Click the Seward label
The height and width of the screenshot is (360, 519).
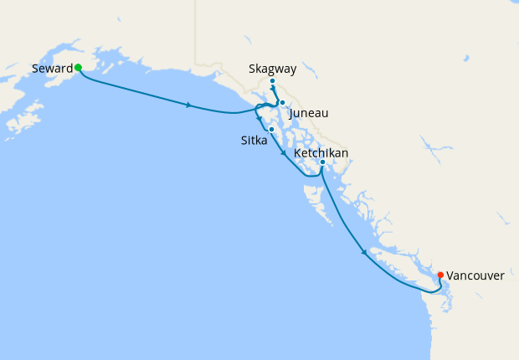pos(53,68)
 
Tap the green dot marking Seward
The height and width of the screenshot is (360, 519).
pos(78,67)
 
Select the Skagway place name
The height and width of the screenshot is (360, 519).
pos(273,69)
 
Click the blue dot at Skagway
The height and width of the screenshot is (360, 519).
pos(273,81)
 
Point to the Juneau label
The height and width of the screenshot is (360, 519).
pos(308,113)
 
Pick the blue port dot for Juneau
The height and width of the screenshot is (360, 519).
pos(283,102)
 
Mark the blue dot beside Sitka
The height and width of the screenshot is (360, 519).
pos(272,129)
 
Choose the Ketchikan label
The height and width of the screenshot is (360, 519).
pos(321,152)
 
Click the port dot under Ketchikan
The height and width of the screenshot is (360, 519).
pos(322,162)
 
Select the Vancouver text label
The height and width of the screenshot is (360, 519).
pos(475,275)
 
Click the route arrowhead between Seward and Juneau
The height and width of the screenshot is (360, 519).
pos(190,105)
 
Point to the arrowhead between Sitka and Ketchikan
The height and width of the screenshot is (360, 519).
pos(285,154)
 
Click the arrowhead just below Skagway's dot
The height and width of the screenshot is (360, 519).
pos(274,88)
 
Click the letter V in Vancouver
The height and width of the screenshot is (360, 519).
pos(450,275)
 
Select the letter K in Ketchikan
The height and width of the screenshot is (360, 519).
pos(298,152)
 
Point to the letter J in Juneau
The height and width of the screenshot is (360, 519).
pos(290,113)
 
